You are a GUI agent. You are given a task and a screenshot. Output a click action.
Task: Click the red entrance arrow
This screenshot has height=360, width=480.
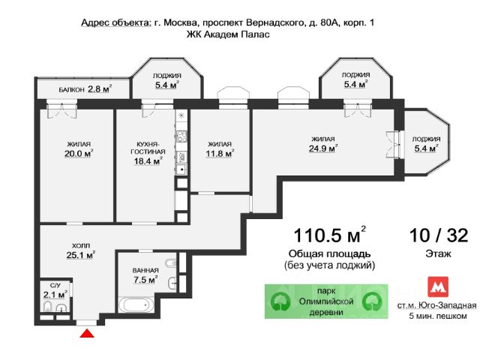87,333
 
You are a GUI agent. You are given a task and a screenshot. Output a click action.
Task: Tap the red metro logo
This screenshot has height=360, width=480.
438,286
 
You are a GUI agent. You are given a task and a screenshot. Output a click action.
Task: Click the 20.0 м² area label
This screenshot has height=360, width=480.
79,153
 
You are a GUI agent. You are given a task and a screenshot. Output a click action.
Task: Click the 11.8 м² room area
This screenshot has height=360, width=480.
220,153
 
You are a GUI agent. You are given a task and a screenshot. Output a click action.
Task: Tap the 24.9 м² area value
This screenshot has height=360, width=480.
323,148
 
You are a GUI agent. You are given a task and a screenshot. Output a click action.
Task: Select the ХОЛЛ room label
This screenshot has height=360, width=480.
81,245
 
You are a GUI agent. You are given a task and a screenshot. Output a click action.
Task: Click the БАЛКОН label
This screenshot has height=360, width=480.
72,90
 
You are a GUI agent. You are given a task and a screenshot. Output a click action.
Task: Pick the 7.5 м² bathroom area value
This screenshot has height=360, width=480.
145,280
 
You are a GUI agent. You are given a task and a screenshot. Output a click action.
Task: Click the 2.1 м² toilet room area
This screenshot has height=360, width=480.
55,295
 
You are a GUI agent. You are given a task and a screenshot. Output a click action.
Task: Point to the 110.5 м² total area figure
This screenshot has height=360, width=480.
330,235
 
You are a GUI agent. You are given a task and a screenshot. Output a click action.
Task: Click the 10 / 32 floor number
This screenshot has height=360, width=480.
439,235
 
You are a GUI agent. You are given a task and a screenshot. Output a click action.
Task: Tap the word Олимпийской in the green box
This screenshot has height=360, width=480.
326,301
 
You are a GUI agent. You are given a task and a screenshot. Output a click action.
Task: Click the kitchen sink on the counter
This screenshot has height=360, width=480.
181,169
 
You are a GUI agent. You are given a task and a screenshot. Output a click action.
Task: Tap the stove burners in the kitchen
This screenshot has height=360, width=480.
181,136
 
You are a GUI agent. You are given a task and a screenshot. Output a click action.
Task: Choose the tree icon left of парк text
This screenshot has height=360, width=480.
280,301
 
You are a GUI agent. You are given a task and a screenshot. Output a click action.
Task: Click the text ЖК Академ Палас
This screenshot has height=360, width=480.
228,34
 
